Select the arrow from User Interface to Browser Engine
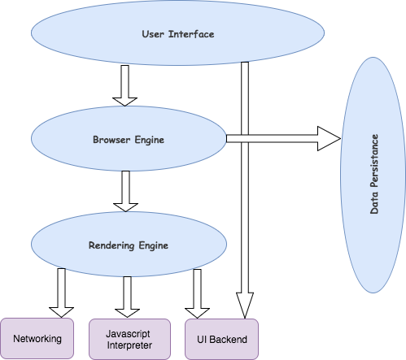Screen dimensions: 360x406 [x=124, y=85]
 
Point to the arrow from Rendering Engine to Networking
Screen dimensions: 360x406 [x=62, y=293]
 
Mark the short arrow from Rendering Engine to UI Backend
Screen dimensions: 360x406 [x=197, y=293]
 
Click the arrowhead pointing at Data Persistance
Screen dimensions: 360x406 [x=327, y=139]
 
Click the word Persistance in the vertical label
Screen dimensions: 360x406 [x=375, y=159]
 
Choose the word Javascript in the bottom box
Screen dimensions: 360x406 [x=128, y=332]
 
